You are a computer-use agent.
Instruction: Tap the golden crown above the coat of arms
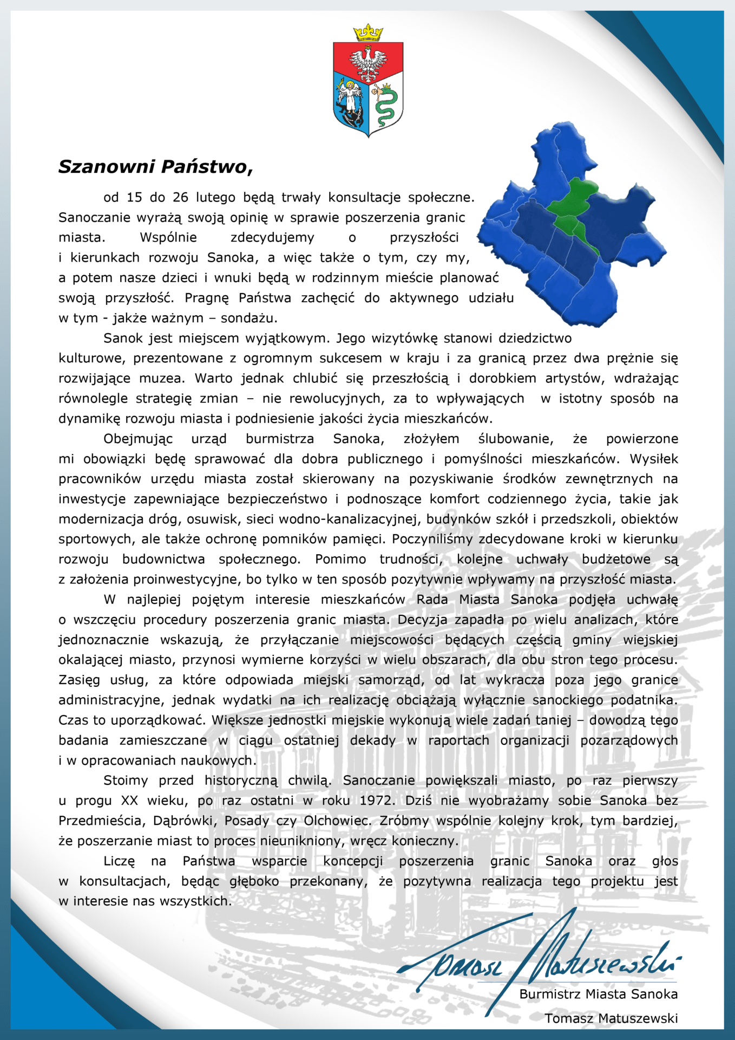pos(367,32)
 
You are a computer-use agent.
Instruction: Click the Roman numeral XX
pos(129,801)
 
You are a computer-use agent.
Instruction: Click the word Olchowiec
pos(337,821)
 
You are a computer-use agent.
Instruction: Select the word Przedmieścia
pos(101,821)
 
